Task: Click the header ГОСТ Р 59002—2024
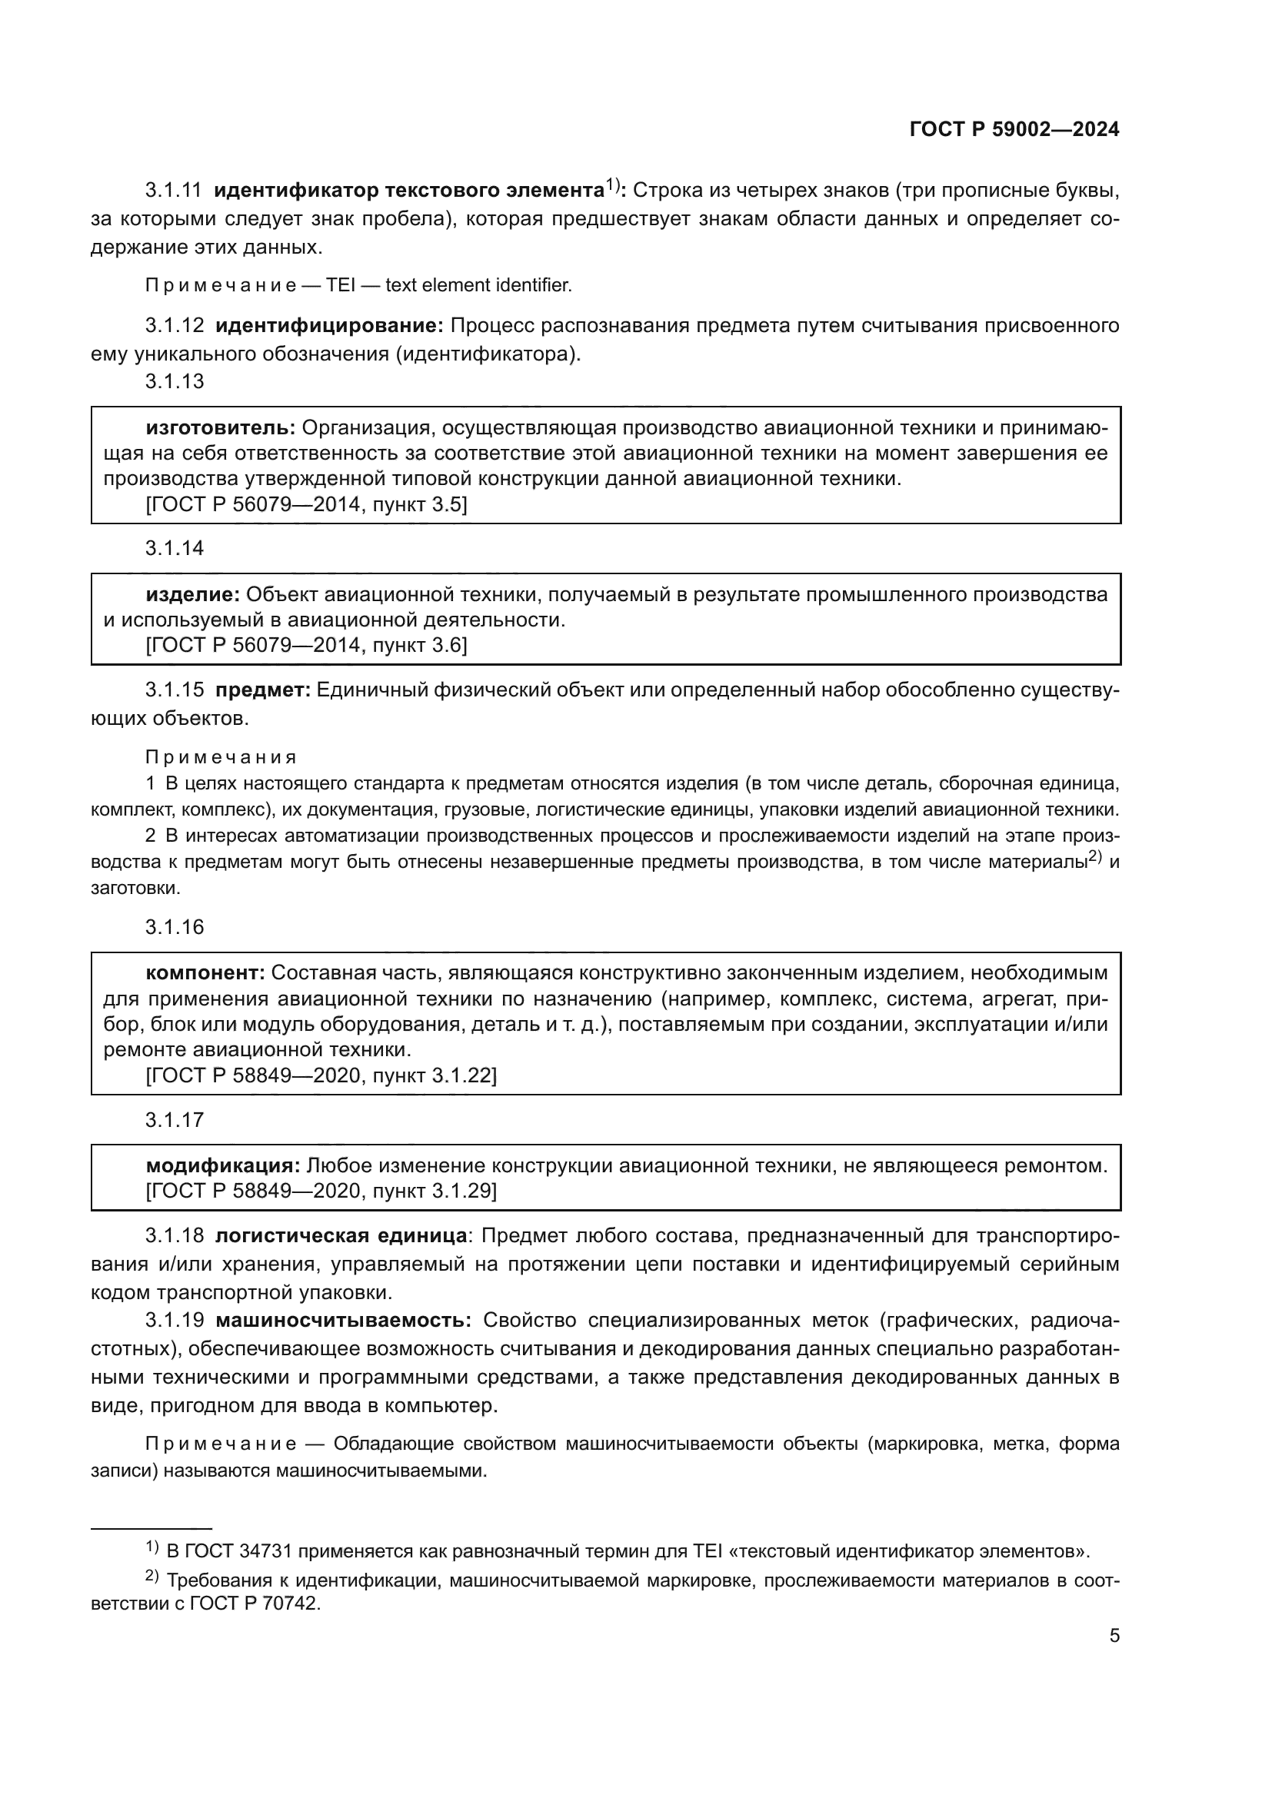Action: click(1014, 130)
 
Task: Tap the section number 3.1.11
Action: click(173, 191)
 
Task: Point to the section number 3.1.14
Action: click(174, 548)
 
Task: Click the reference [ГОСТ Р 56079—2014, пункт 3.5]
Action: click(306, 504)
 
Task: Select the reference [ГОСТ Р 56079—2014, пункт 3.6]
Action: click(306, 645)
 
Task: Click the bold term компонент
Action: click(206, 972)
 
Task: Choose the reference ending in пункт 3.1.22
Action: click(321, 1075)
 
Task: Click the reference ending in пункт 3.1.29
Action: click(321, 1190)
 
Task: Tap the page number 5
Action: click(1114, 1636)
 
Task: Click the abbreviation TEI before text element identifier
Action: click(341, 285)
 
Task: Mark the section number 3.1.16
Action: click(174, 927)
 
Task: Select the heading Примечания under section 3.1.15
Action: click(221, 756)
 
